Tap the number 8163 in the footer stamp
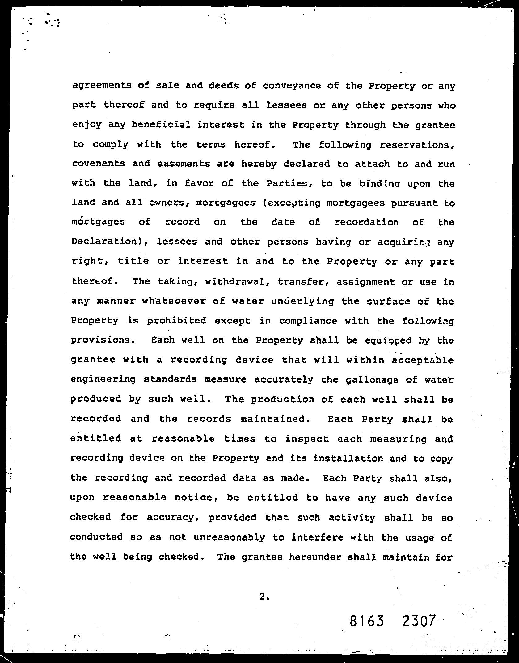[367, 621]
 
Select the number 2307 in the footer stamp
[419, 621]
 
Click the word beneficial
[161, 125]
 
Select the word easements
[184, 164]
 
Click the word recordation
[367, 222]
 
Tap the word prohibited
[176, 320]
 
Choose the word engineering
[103, 379]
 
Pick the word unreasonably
[229, 537]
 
